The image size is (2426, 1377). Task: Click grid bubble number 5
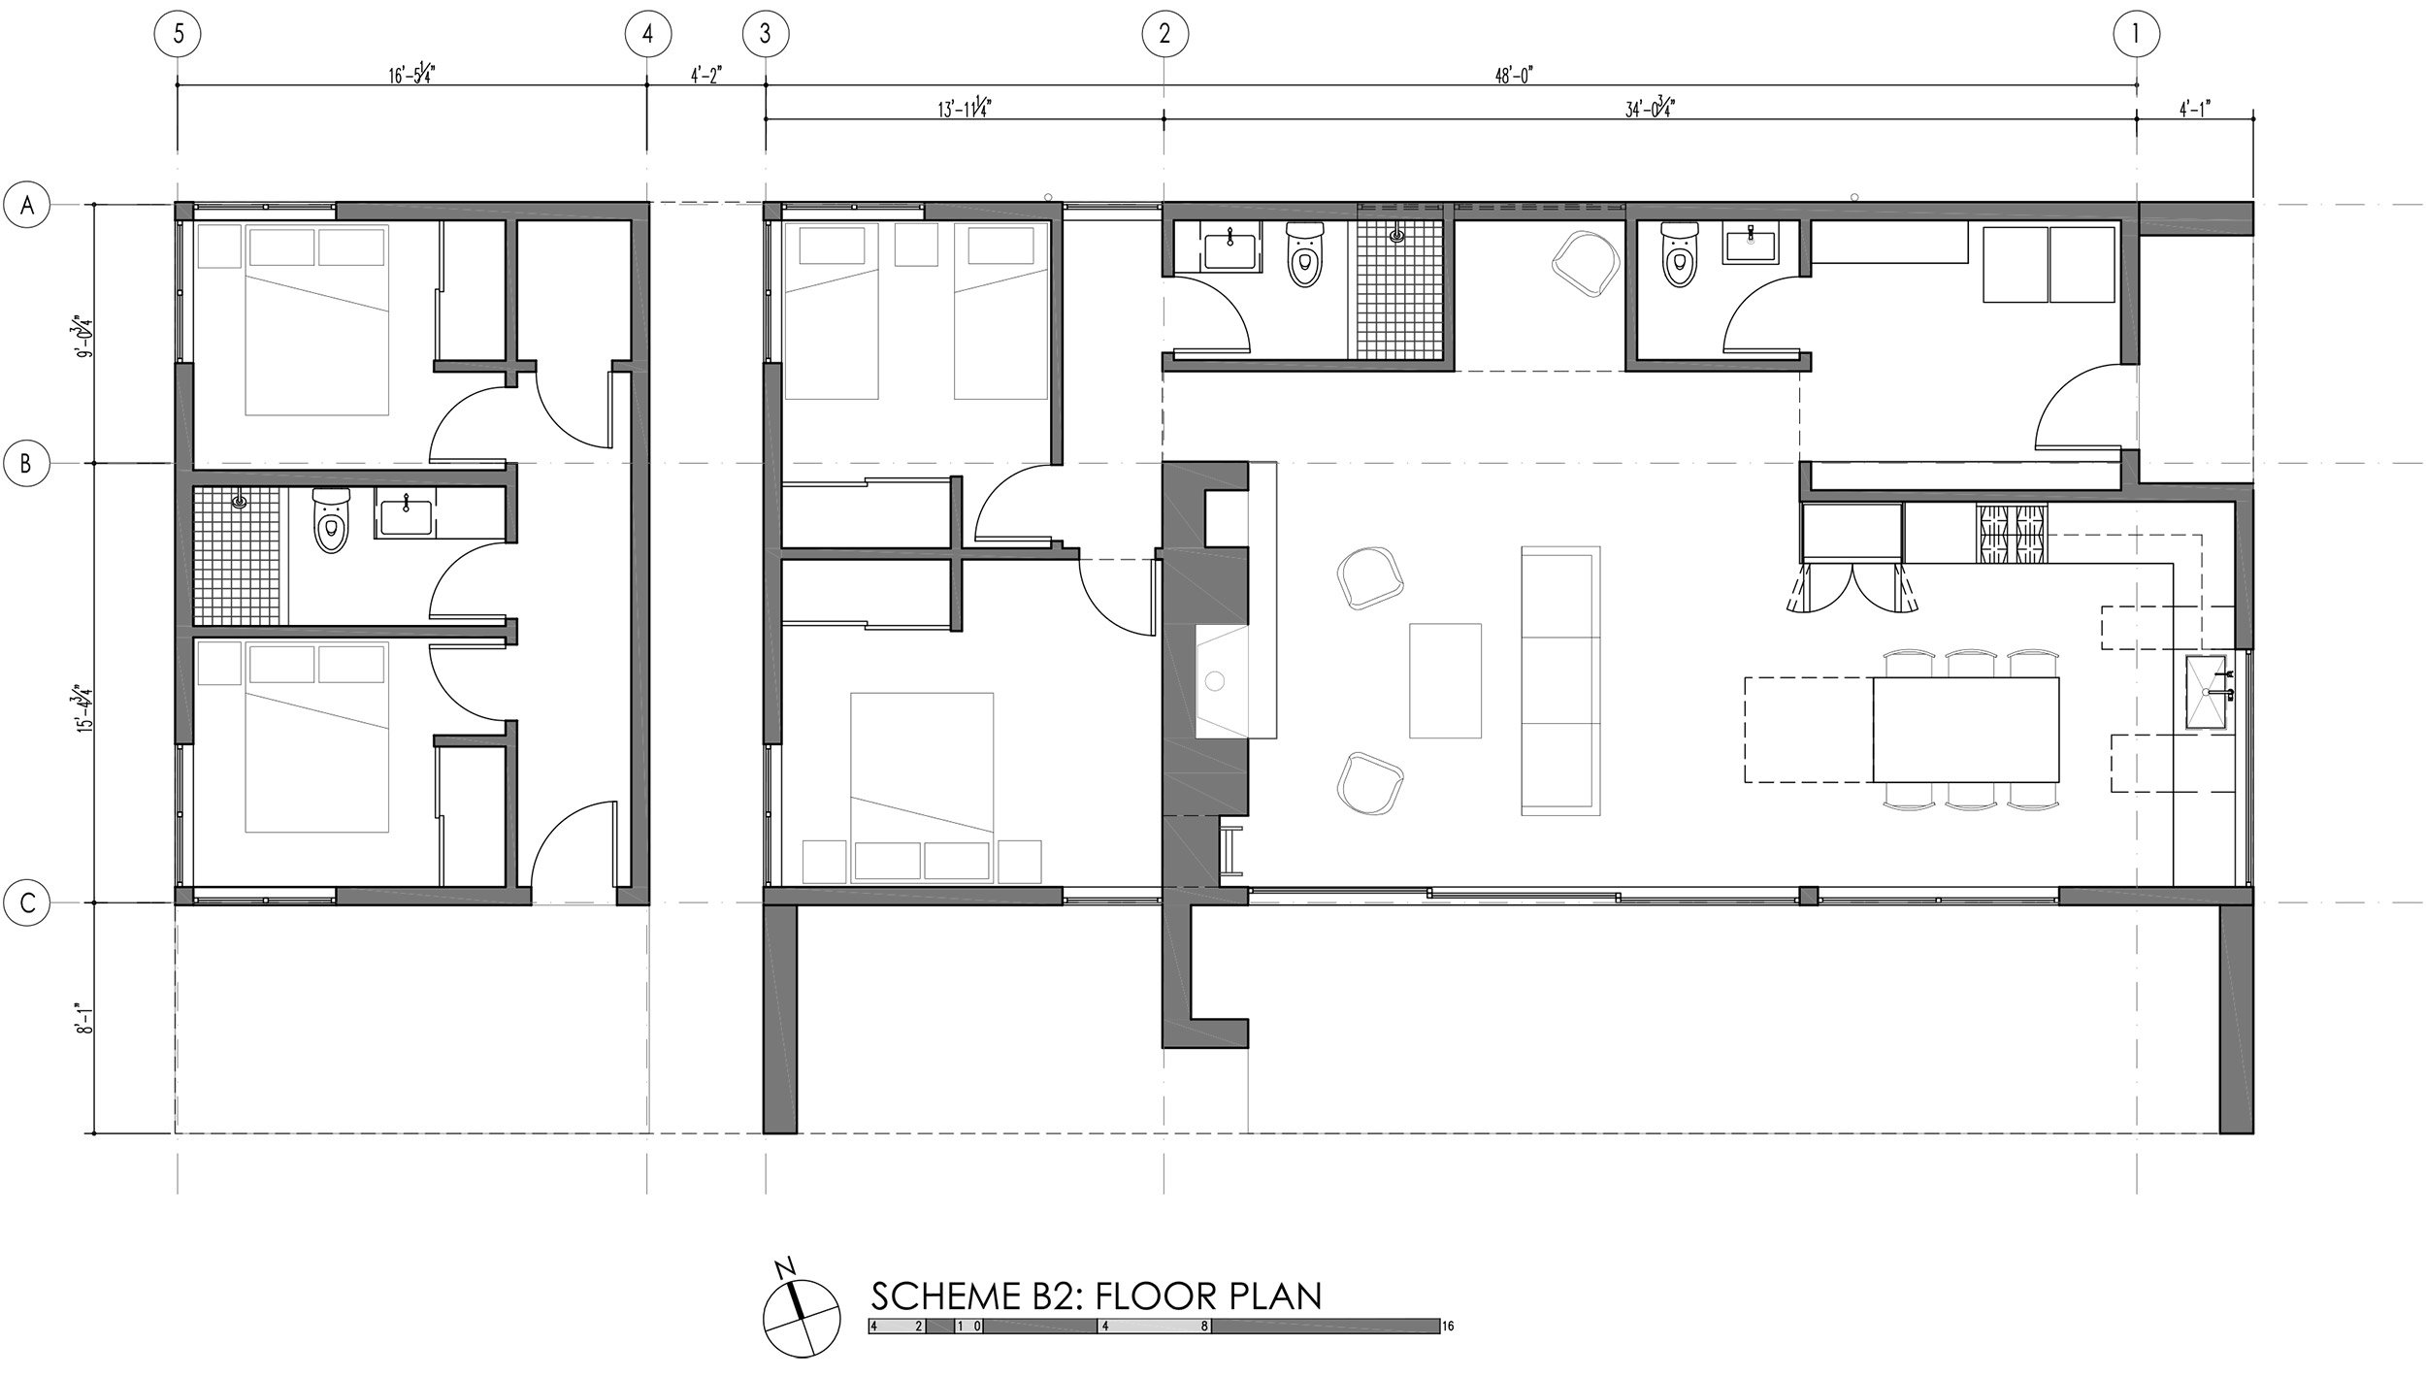click(178, 35)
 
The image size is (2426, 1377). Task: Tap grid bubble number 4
click(647, 35)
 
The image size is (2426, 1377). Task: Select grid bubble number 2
click(1164, 35)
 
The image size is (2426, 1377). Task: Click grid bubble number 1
click(2137, 35)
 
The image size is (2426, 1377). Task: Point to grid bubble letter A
click(28, 206)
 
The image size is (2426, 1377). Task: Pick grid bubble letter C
click(28, 903)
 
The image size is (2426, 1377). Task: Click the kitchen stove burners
click(2010, 533)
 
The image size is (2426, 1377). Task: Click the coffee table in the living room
click(1445, 680)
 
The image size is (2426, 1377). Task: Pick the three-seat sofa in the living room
click(1558, 679)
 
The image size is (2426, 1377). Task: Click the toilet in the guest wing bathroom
click(331, 521)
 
